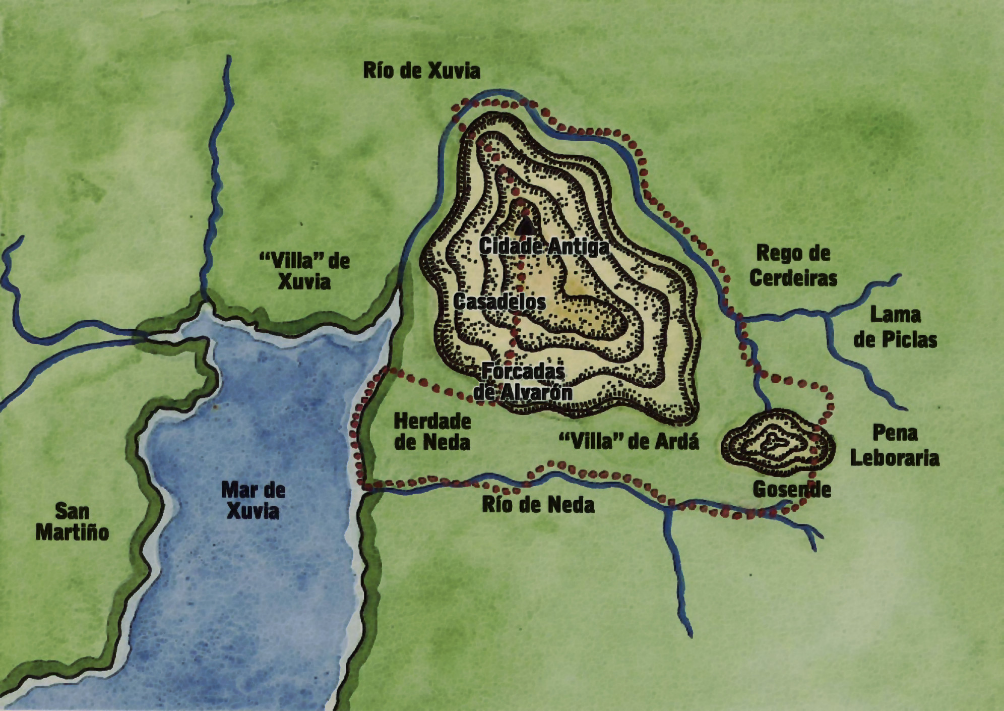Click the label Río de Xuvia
click(421, 71)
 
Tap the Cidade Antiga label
click(543, 247)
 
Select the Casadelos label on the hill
click(499, 302)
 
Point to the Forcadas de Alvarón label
click(523, 382)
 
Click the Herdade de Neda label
click(432, 432)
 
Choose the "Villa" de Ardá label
click(629, 442)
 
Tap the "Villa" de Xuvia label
click(304, 271)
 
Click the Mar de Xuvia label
click(253, 500)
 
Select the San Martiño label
click(72, 522)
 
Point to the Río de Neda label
click(538, 505)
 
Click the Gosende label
click(791, 489)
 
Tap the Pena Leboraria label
click(895, 445)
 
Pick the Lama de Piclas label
click(895, 327)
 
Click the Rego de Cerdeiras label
click(793, 265)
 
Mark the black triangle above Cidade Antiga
click(526, 226)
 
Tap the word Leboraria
click(895, 458)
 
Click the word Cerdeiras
click(793, 278)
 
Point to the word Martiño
click(72, 532)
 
